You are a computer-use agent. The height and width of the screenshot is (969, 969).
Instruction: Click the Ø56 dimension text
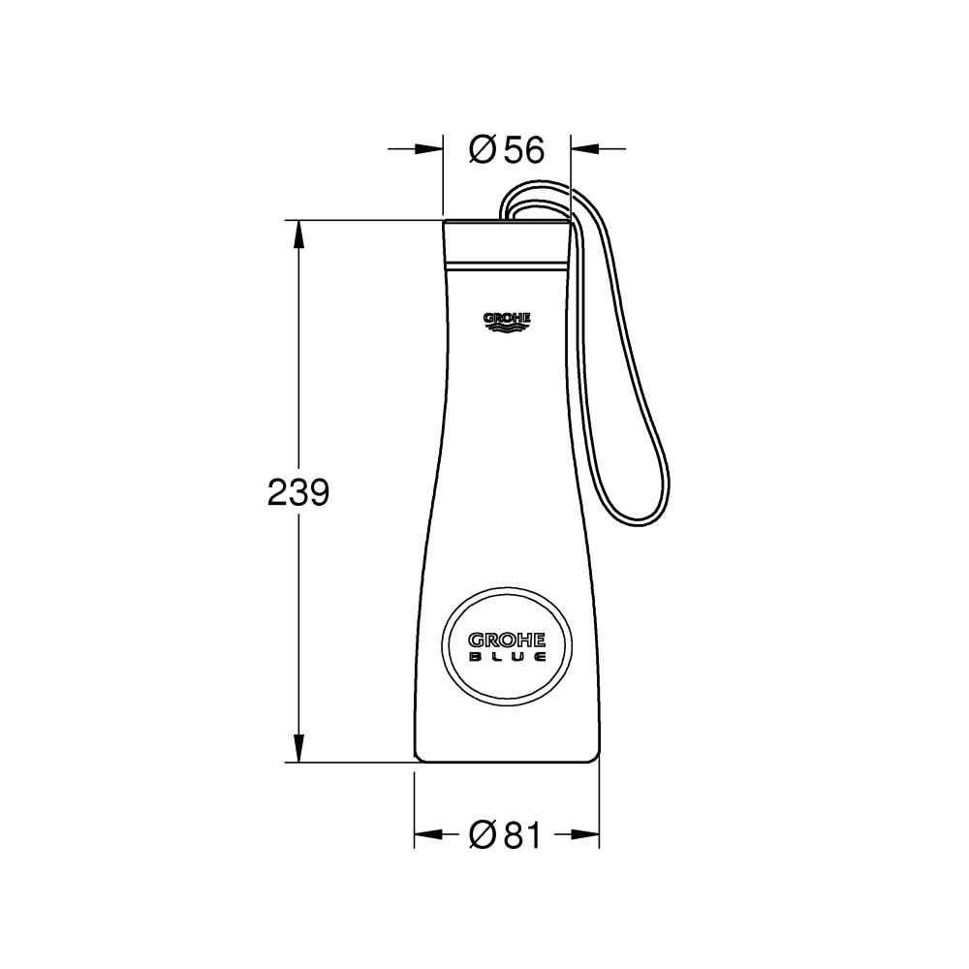click(x=506, y=150)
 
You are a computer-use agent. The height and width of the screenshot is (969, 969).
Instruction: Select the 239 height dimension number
click(x=298, y=493)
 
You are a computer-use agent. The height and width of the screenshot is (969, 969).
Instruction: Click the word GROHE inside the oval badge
click(x=507, y=641)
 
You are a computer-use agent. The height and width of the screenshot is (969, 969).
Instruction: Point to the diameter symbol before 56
click(x=482, y=150)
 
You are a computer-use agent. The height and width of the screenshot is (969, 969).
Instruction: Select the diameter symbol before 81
click(x=482, y=834)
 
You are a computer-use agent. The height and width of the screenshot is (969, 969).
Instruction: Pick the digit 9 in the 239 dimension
click(x=319, y=493)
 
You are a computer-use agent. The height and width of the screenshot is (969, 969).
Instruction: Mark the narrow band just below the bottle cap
click(x=506, y=264)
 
